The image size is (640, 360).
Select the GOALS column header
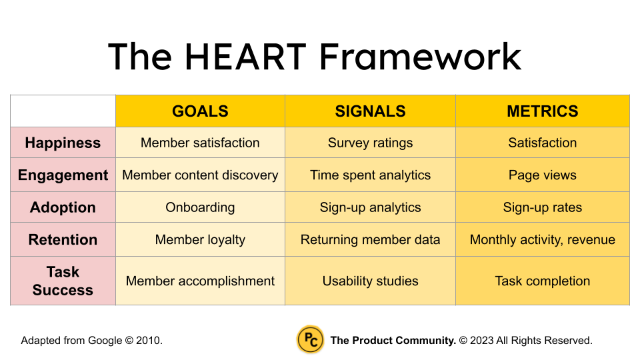200,111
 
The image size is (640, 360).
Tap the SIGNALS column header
370,111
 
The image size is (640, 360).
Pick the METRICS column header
543,111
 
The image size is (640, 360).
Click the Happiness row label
63,143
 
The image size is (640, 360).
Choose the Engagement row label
63,175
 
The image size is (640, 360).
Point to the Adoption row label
63,207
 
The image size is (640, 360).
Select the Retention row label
63,239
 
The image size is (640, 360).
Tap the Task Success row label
63,281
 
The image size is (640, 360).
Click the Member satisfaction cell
200,143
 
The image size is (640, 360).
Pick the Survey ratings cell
370,143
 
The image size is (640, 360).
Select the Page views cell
543,175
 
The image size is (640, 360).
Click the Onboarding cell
200,207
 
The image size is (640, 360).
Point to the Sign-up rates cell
543,207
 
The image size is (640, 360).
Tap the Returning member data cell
370,239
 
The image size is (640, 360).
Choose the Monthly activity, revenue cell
543,239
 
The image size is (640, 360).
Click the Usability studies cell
370,281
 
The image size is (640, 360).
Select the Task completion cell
543,281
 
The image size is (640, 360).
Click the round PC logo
310,339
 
